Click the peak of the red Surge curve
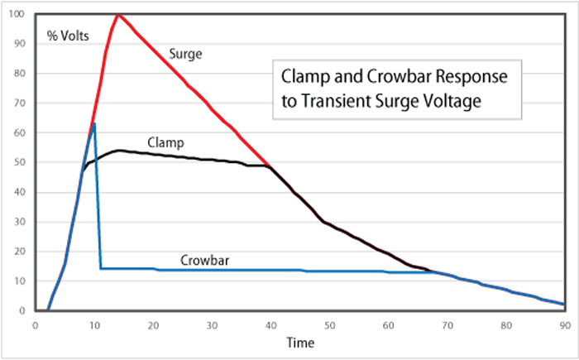(x=119, y=14)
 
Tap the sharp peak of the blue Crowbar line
(x=94, y=123)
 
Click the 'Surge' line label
(x=185, y=53)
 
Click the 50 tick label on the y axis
(x=18, y=162)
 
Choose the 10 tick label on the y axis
(x=18, y=281)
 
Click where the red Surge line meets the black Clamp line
(x=270, y=166)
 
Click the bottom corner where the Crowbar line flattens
(x=101, y=268)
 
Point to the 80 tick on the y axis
(x=18, y=74)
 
